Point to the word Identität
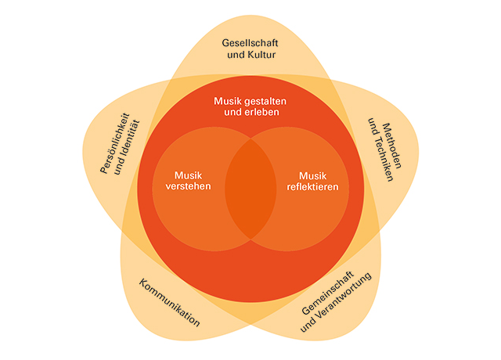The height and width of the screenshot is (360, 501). pyautogui.click(x=127, y=146)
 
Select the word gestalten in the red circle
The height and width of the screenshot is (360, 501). pyautogui.click(x=265, y=101)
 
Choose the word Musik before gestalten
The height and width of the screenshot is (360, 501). pyautogui.click(x=229, y=101)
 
